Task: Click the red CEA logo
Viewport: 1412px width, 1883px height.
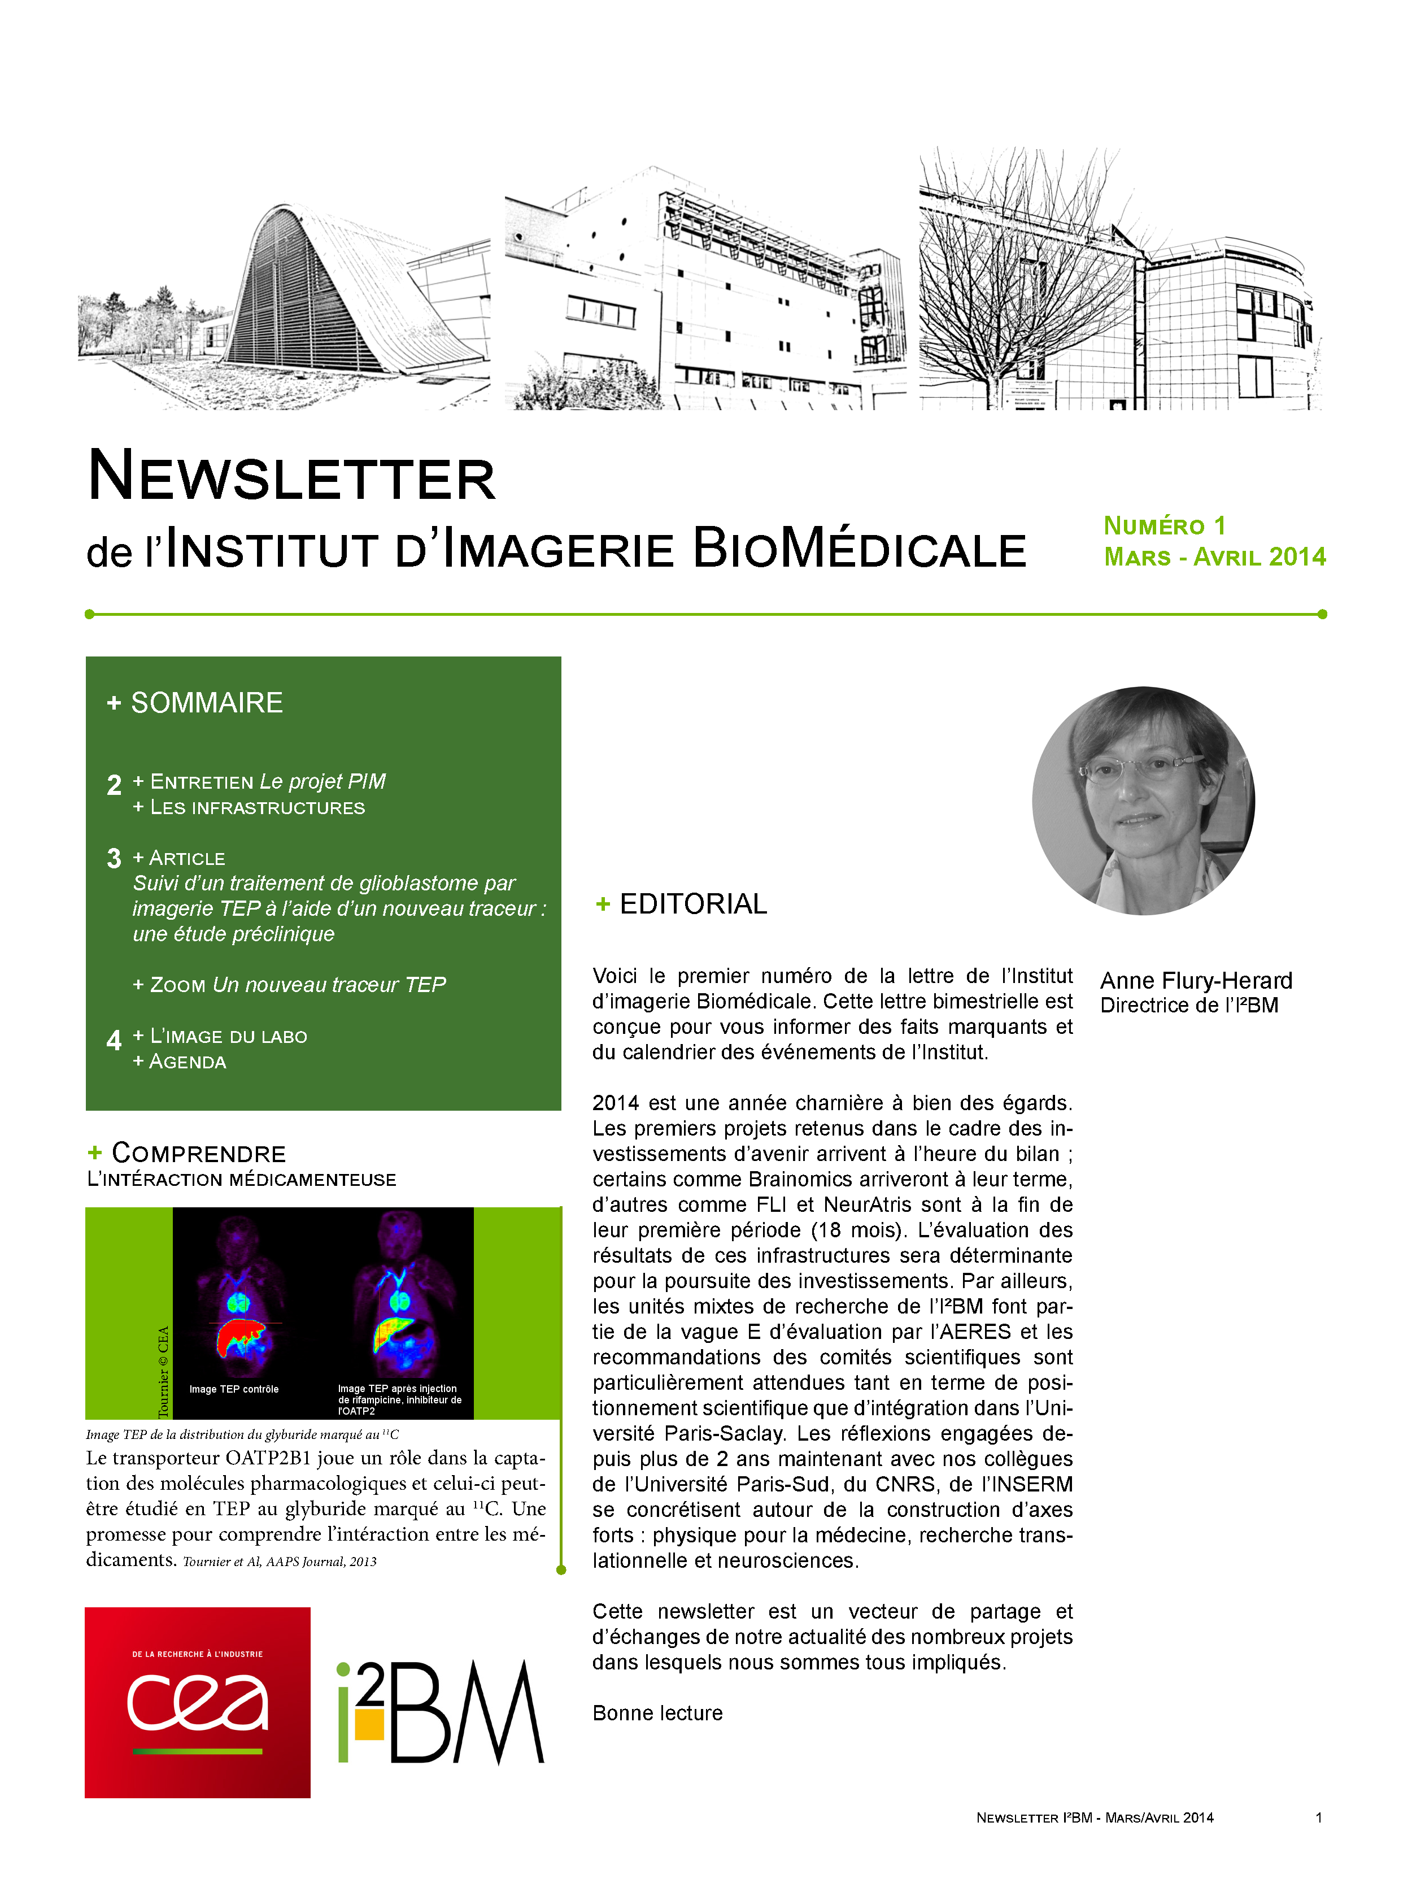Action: [198, 1703]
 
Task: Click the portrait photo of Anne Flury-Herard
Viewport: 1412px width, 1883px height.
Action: [1143, 801]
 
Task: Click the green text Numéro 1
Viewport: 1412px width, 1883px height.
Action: [1164, 526]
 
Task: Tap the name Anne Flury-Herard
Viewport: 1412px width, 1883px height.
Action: [1196, 981]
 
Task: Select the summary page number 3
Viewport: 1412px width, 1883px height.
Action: [114, 858]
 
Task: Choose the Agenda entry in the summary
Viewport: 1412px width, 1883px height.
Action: [188, 1062]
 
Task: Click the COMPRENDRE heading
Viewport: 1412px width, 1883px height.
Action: [198, 1154]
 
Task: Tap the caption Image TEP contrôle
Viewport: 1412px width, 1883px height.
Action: [234, 1389]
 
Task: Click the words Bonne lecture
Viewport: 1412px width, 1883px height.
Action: [657, 1714]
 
